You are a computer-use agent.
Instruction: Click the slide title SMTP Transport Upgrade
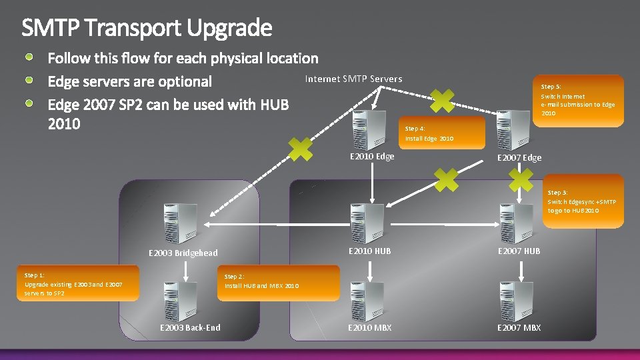[147, 28]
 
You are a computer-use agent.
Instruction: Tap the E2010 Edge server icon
[370, 131]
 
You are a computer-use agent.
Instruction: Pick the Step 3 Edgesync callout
[582, 201]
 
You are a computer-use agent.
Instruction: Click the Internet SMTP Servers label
[353, 79]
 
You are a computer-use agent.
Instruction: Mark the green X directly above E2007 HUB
[521, 179]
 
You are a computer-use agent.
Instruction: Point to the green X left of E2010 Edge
[300, 149]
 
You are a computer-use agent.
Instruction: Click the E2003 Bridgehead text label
[182, 253]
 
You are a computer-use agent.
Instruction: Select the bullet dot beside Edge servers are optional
[31, 81]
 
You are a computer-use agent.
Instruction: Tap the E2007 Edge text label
[519, 158]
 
